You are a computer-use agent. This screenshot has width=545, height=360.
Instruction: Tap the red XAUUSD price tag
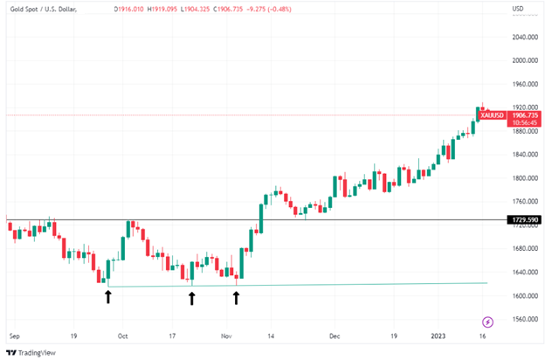click(493, 115)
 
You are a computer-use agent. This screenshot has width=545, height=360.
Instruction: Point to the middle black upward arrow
click(192, 299)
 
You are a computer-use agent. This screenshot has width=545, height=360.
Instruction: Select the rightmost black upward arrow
click(237, 297)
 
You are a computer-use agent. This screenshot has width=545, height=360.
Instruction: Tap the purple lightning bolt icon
click(487, 322)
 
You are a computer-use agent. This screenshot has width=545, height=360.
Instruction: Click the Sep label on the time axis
click(14, 335)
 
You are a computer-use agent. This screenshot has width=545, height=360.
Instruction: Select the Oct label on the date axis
click(123, 335)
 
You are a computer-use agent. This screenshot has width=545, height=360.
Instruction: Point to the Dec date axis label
click(333, 335)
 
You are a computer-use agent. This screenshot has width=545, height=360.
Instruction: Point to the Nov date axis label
click(226, 335)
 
